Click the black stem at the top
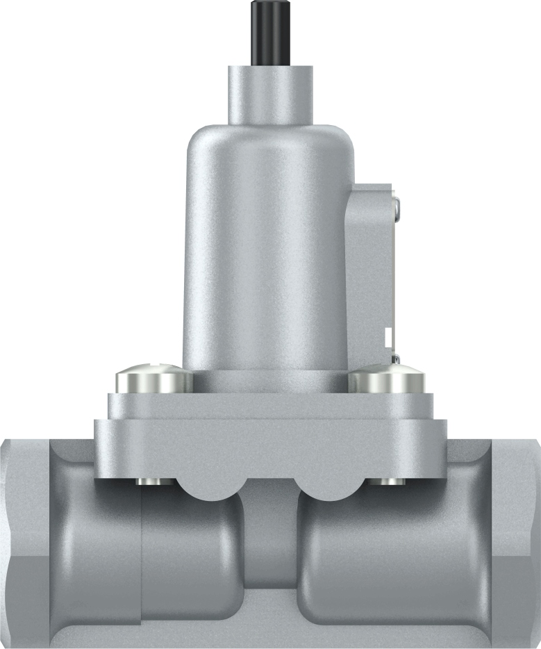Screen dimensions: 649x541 click(269, 32)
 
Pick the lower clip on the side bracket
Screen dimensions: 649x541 click(395, 359)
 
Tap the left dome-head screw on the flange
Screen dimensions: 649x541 click(153, 379)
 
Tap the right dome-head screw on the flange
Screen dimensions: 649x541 click(386, 379)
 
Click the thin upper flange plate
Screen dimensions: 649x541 click(269, 405)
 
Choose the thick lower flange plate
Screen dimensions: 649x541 click(269, 445)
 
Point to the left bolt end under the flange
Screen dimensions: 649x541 click(149, 482)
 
